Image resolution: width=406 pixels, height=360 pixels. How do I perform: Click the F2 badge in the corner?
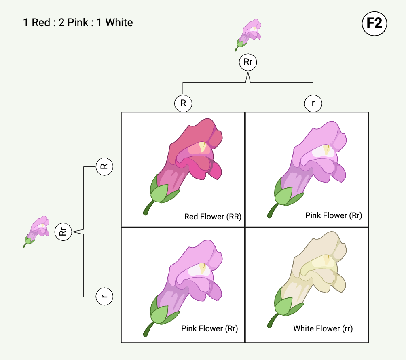[x=374, y=23]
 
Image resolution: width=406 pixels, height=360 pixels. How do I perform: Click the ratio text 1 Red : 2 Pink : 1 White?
[x=78, y=22]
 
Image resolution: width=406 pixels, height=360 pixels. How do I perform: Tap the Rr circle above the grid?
[x=248, y=62]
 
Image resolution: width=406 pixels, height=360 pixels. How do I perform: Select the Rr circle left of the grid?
[x=63, y=232]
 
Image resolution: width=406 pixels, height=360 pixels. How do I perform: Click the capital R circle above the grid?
[x=183, y=103]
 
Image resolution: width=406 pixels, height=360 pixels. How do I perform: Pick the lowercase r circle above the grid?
[x=313, y=103]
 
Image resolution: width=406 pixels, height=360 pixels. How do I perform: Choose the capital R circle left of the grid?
[x=105, y=166]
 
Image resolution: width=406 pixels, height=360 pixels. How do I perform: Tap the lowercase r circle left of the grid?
[x=105, y=297]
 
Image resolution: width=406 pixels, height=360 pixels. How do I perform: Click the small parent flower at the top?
[x=248, y=35]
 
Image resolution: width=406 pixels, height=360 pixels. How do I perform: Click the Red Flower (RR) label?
[x=213, y=217]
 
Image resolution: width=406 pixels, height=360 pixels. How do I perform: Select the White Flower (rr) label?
[x=323, y=329]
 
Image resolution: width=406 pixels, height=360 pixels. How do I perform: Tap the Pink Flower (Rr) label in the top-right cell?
[x=333, y=216]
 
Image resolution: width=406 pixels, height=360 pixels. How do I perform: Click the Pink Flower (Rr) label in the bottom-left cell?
[x=209, y=329]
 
